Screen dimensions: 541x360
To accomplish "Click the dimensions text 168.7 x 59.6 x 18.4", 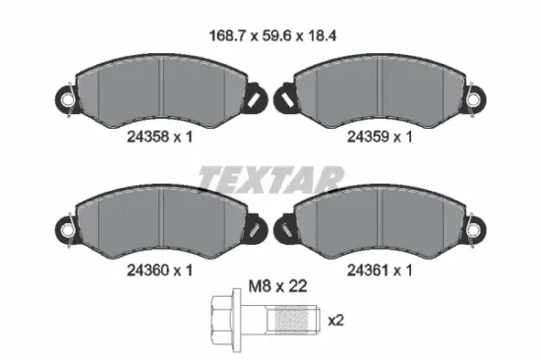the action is [x=272, y=35].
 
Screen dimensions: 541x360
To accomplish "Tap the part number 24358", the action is [x=148, y=137].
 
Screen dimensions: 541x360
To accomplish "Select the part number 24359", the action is [x=368, y=137].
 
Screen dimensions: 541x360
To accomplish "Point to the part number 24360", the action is [x=148, y=270].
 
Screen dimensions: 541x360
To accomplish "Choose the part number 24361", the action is [x=368, y=270].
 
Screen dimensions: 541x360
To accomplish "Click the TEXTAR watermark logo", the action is [x=271, y=179].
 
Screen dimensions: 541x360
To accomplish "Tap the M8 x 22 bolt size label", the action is [x=277, y=286].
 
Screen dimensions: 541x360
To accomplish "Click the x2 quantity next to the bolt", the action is [x=335, y=321].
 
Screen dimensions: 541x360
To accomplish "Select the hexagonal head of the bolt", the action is [x=222, y=321].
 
